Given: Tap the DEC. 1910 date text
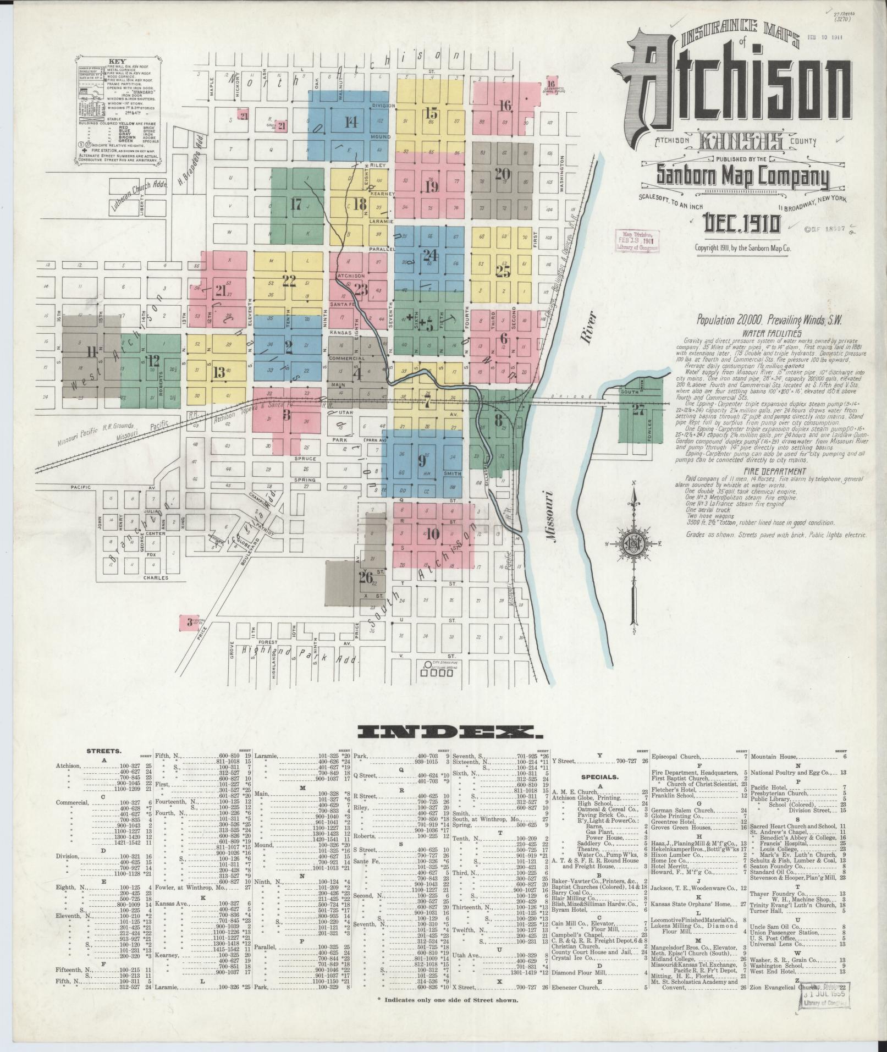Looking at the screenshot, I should [x=741, y=224].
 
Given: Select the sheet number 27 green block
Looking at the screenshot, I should [x=638, y=410].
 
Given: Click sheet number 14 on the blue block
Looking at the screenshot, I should [x=350, y=122].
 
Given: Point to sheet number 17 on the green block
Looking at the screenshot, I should [x=295, y=205].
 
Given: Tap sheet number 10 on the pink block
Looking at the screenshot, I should [x=432, y=533].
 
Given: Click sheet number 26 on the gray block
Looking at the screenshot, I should [x=365, y=577].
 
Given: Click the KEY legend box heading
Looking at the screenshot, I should [x=117, y=62].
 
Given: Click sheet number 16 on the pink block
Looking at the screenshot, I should [x=505, y=104].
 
